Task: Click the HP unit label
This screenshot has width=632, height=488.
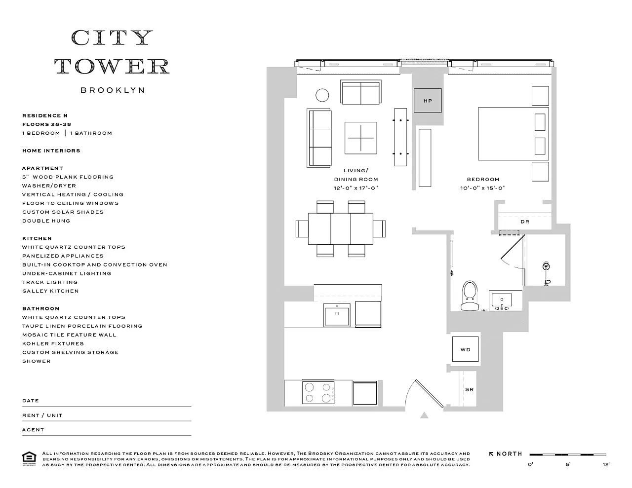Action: click(x=428, y=101)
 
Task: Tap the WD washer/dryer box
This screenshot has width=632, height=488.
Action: click(x=465, y=349)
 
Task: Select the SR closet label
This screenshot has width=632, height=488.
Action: click(x=469, y=389)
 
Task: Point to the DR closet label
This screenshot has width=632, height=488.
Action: click(x=525, y=222)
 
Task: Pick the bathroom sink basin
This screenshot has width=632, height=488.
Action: click(x=502, y=300)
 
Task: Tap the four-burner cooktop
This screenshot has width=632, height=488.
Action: click(x=318, y=392)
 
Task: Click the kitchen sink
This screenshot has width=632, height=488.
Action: click(x=337, y=314)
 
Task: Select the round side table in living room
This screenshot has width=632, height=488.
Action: click(x=322, y=95)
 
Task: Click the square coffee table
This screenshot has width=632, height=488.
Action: click(x=360, y=138)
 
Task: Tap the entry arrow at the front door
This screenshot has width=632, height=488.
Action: click(x=424, y=415)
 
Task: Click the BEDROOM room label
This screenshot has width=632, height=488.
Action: click(x=483, y=179)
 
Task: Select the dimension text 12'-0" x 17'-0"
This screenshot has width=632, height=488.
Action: click(x=355, y=188)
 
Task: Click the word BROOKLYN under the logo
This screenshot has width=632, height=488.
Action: click(x=113, y=90)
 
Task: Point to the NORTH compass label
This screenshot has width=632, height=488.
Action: click(x=509, y=453)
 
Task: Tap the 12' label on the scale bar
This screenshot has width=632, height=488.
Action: click(x=606, y=464)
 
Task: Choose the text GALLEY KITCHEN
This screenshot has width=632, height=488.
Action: click(x=50, y=291)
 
